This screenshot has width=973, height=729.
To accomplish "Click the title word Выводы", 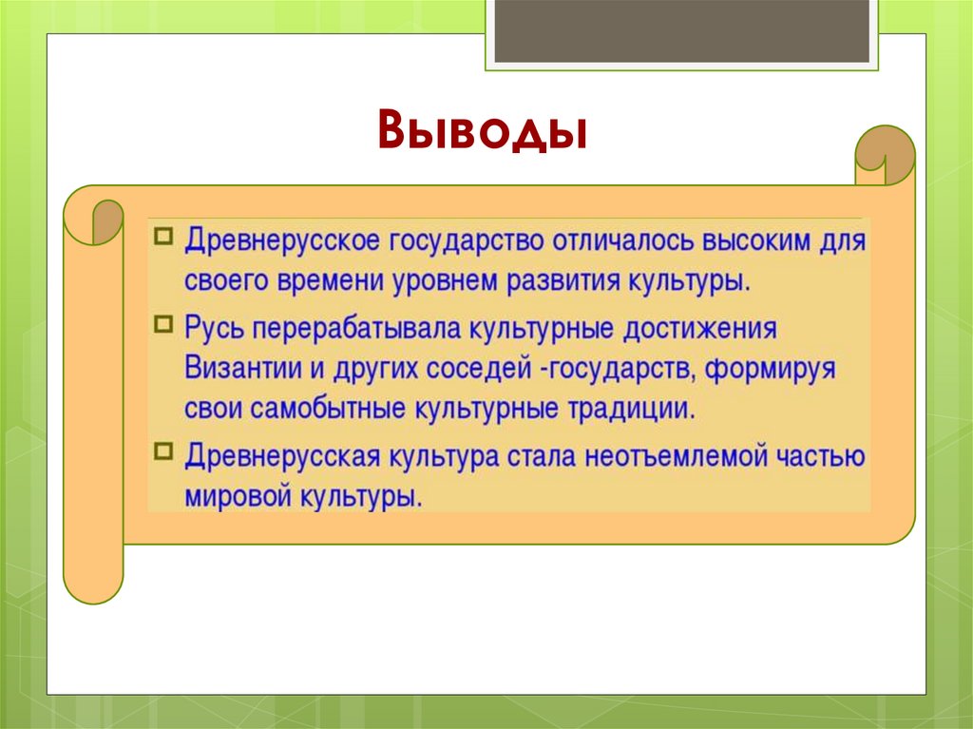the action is tap(482, 130).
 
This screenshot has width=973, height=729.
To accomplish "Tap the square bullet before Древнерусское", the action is tap(163, 237).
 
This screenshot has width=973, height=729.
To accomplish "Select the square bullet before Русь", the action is tap(163, 323).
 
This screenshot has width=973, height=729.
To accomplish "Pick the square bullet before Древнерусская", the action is tap(163, 451).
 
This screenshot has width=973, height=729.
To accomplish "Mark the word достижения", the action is tap(699, 329).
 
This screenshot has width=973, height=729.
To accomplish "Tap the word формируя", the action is tap(770, 370).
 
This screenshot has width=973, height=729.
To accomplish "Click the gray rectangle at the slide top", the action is tap(681, 31).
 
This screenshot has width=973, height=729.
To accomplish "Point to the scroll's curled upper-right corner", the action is tap(885, 155).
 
